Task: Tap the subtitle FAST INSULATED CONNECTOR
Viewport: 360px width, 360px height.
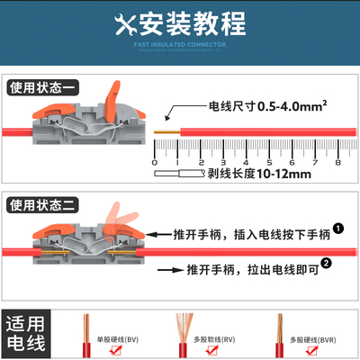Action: point(179,42)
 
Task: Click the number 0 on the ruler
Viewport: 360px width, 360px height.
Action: point(156,163)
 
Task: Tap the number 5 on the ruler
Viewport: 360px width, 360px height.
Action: point(268,163)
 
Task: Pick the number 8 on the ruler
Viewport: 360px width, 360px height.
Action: point(337,163)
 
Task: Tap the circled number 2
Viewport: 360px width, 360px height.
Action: point(325,265)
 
